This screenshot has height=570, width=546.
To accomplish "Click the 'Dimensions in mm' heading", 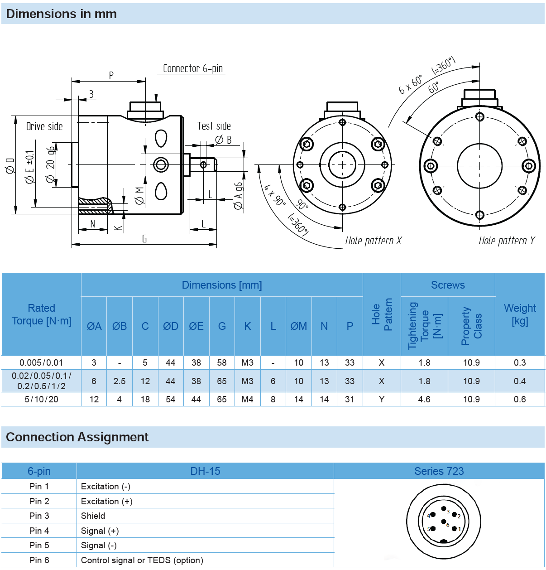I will click(x=61, y=14).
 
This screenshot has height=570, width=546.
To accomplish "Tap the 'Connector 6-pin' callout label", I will click(x=193, y=68).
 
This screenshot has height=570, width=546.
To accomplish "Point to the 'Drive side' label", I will click(x=44, y=126).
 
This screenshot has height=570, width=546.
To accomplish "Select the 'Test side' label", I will click(x=214, y=126).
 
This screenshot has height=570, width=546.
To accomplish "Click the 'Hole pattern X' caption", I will click(x=373, y=241).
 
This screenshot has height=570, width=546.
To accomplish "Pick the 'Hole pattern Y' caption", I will click(x=507, y=241).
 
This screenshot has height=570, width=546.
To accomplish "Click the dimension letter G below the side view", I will click(x=144, y=239).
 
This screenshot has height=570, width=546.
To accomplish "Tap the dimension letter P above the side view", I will click(x=111, y=75).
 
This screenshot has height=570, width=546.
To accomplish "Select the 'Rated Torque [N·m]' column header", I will click(x=42, y=314).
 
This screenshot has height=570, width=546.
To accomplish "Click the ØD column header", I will click(x=171, y=326).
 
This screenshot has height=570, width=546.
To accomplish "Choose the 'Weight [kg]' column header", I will click(x=520, y=314).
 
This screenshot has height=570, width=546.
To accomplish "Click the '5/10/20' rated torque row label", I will click(x=42, y=399).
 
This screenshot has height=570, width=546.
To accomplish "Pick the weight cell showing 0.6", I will click(x=520, y=399).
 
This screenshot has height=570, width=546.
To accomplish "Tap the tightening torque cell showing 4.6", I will click(x=424, y=399).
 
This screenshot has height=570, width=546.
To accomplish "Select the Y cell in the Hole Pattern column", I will click(x=382, y=399).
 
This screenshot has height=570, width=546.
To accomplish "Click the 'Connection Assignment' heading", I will click(x=77, y=437).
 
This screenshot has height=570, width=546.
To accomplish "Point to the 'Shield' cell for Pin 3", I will click(x=93, y=516).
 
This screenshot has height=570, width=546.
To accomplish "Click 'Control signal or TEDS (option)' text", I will click(x=142, y=560).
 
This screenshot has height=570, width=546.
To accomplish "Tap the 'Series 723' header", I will click(x=439, y=471).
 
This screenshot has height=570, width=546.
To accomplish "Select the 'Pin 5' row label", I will click(x=39, y=545).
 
